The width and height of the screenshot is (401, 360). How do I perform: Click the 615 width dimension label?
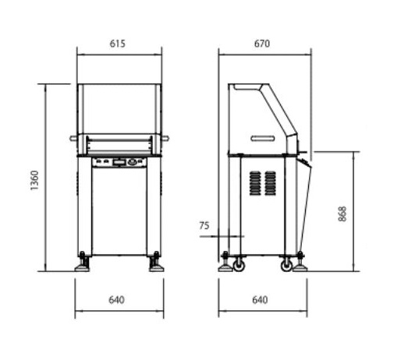tap(117, 44)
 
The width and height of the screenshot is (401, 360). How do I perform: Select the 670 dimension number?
tap(262, 44)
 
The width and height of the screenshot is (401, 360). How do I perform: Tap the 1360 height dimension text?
tap(34, 180)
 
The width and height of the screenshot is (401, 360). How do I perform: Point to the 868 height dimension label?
tap(342, 214)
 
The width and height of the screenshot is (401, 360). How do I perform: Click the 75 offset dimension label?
tap(204, 225)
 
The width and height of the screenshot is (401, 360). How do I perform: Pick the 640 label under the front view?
tap(116, 300)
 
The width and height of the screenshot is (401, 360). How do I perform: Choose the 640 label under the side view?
tap(260, 300)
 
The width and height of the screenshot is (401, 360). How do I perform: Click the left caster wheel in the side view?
tap(239, 266)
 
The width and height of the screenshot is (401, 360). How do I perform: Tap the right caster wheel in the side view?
tap(286, 266)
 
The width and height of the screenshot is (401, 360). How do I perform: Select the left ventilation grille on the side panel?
tap(255, 183)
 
